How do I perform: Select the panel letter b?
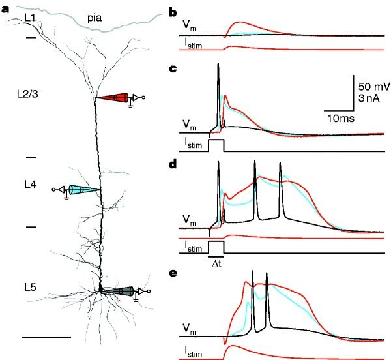tap(173, 12)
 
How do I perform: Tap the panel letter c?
tap(173, 68)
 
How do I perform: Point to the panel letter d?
tap(173, 164)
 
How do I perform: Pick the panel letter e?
tap(173, 273)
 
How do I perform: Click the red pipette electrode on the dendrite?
tap(116, 98)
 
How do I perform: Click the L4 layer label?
tap(29, 185)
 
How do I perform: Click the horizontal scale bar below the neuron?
tap(46, 337)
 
